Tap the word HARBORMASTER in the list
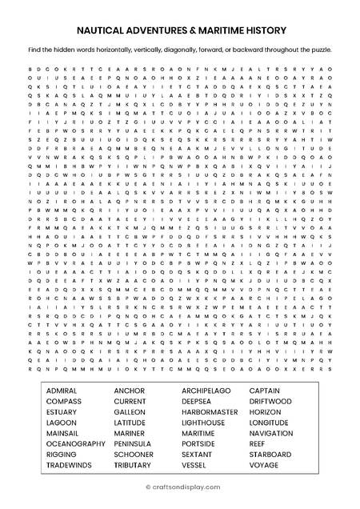pyautogui.click(x=210, y=412)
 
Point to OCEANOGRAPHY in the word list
pyautogui.click(x=75, y=443)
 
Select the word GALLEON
pyautogui.click(x=130, y=412)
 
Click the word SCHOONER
pyautogui.click(x=134, y=455)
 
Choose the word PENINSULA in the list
pyautogui.click(x=133, y=443)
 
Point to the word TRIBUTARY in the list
pyautogui.click(x=133, y=465)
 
